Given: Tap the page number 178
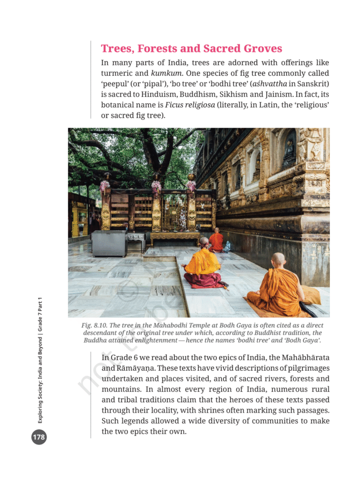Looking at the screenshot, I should coord(39,437).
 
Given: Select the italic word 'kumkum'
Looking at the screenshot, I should coord(166,73).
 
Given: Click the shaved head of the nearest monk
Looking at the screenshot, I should coord(278,260).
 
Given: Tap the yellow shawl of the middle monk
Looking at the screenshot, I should coord(203,262).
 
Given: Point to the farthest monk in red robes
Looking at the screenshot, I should coord(216,241).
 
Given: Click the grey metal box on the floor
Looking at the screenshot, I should coord(109,243).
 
